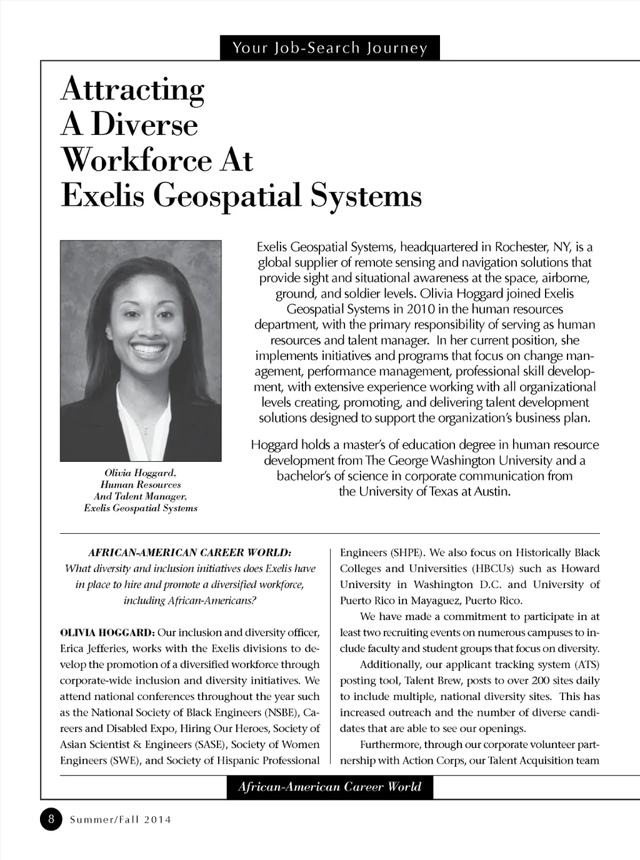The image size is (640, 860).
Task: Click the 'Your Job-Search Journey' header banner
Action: [329, 48]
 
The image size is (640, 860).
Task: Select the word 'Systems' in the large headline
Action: [366, 196]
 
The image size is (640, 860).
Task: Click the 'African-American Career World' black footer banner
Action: [329, 787]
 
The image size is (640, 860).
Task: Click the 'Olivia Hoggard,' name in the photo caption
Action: [141, 472]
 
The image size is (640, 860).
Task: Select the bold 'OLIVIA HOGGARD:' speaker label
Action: [107, 632]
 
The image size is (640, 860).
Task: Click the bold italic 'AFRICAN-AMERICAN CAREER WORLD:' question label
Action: [190, 553]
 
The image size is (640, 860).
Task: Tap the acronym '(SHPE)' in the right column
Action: [407, 553]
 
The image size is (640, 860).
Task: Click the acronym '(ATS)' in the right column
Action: [584, 664]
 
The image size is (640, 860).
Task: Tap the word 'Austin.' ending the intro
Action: [492, 492]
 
